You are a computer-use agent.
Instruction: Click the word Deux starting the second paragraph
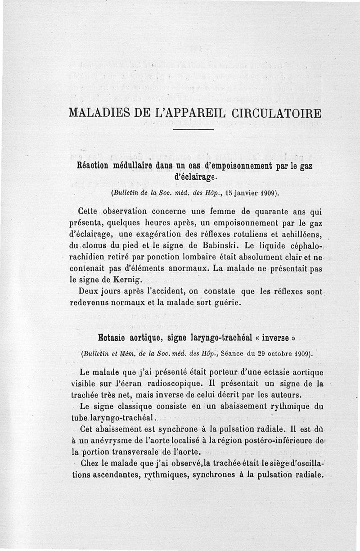(x=88, y=291)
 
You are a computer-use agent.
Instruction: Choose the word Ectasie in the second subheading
(x=112, y=338)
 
